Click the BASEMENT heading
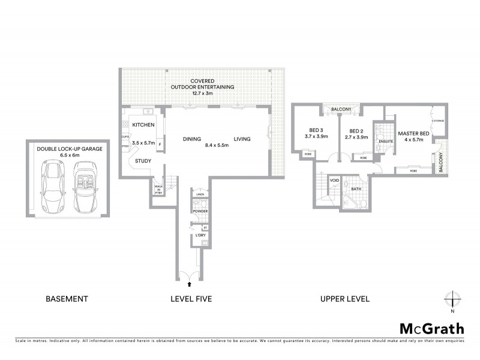67,298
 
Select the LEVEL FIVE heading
191,298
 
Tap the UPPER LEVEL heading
345,298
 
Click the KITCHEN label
143,125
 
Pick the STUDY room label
143,161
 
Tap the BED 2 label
356,131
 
